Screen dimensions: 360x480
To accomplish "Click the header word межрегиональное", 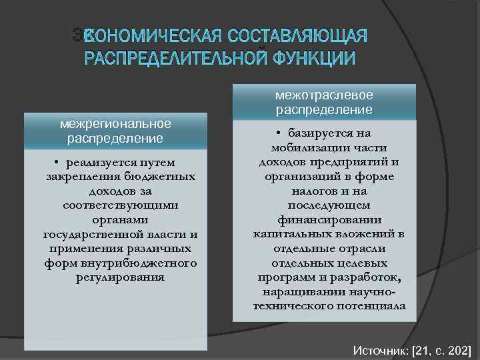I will point(116,123).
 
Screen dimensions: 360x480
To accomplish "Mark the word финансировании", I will point(329,219).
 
